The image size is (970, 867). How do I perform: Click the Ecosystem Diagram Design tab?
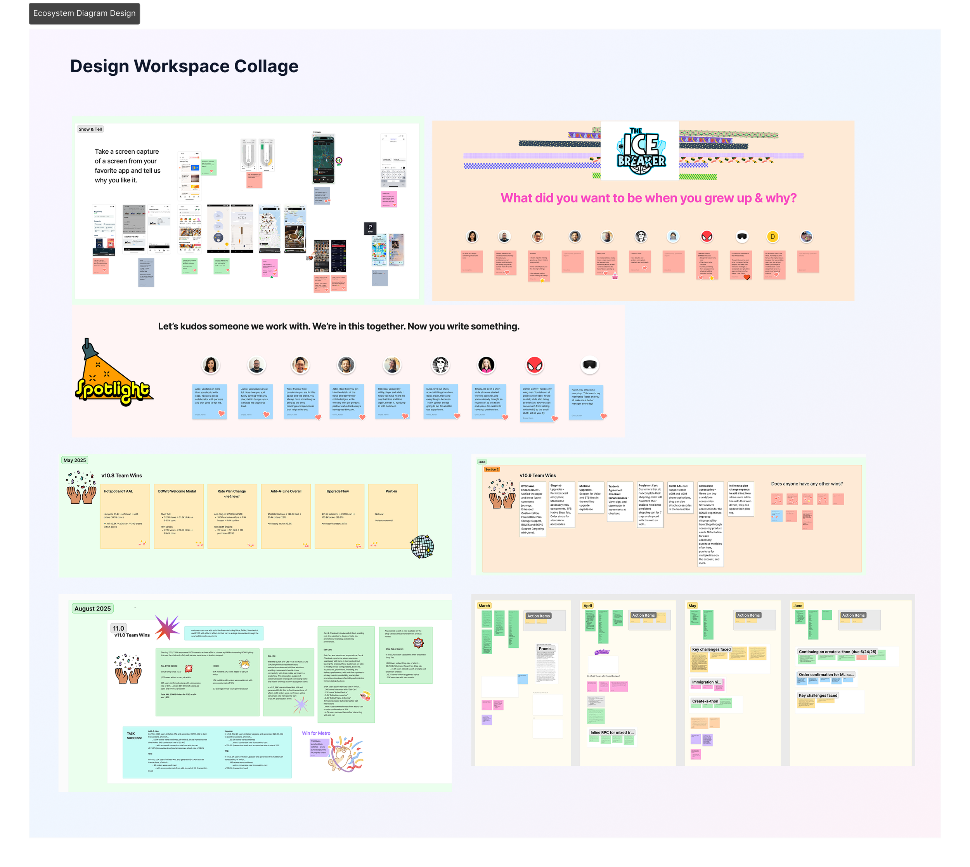(84, 13)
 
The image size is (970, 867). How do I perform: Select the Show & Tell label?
(90, 129)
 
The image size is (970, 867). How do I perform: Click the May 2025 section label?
(75, 460)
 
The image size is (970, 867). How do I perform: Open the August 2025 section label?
(92, 608)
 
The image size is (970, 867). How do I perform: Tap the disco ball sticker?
(422, 546)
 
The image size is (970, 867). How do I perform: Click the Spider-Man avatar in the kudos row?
(535, 365)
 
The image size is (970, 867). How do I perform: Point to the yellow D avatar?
(773, 236)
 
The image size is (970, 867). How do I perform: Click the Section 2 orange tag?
(492, 469)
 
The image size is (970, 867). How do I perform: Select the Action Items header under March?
(538, 616)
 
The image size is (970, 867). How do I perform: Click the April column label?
(587, 605)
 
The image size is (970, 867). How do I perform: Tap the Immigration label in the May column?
(706, 682)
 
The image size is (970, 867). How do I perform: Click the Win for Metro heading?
(316, 733)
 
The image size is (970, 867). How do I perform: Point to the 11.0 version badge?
(119, 628)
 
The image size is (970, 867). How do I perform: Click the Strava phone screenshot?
(323, 159)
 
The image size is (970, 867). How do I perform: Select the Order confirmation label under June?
(826, 675)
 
